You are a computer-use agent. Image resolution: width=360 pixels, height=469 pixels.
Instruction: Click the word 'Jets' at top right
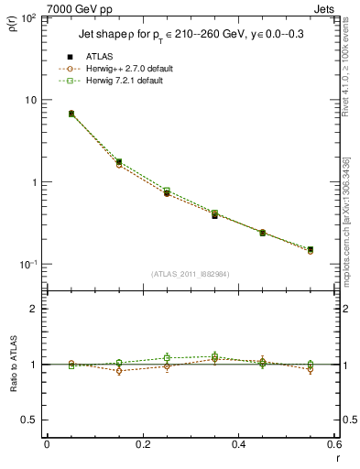pos(325,8)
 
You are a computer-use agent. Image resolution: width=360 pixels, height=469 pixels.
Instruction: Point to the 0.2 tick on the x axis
pos(143,446)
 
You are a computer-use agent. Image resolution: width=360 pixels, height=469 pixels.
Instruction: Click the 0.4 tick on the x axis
pos(239,446)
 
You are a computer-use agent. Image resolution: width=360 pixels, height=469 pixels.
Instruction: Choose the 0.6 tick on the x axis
pos(333,446)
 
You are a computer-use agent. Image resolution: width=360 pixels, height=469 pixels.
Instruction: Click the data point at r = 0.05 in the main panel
pos(71,114)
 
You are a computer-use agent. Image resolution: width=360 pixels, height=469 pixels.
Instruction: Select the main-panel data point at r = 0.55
pos(311,249)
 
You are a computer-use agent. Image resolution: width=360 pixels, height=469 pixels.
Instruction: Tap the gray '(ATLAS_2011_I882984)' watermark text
pos(191,273)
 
